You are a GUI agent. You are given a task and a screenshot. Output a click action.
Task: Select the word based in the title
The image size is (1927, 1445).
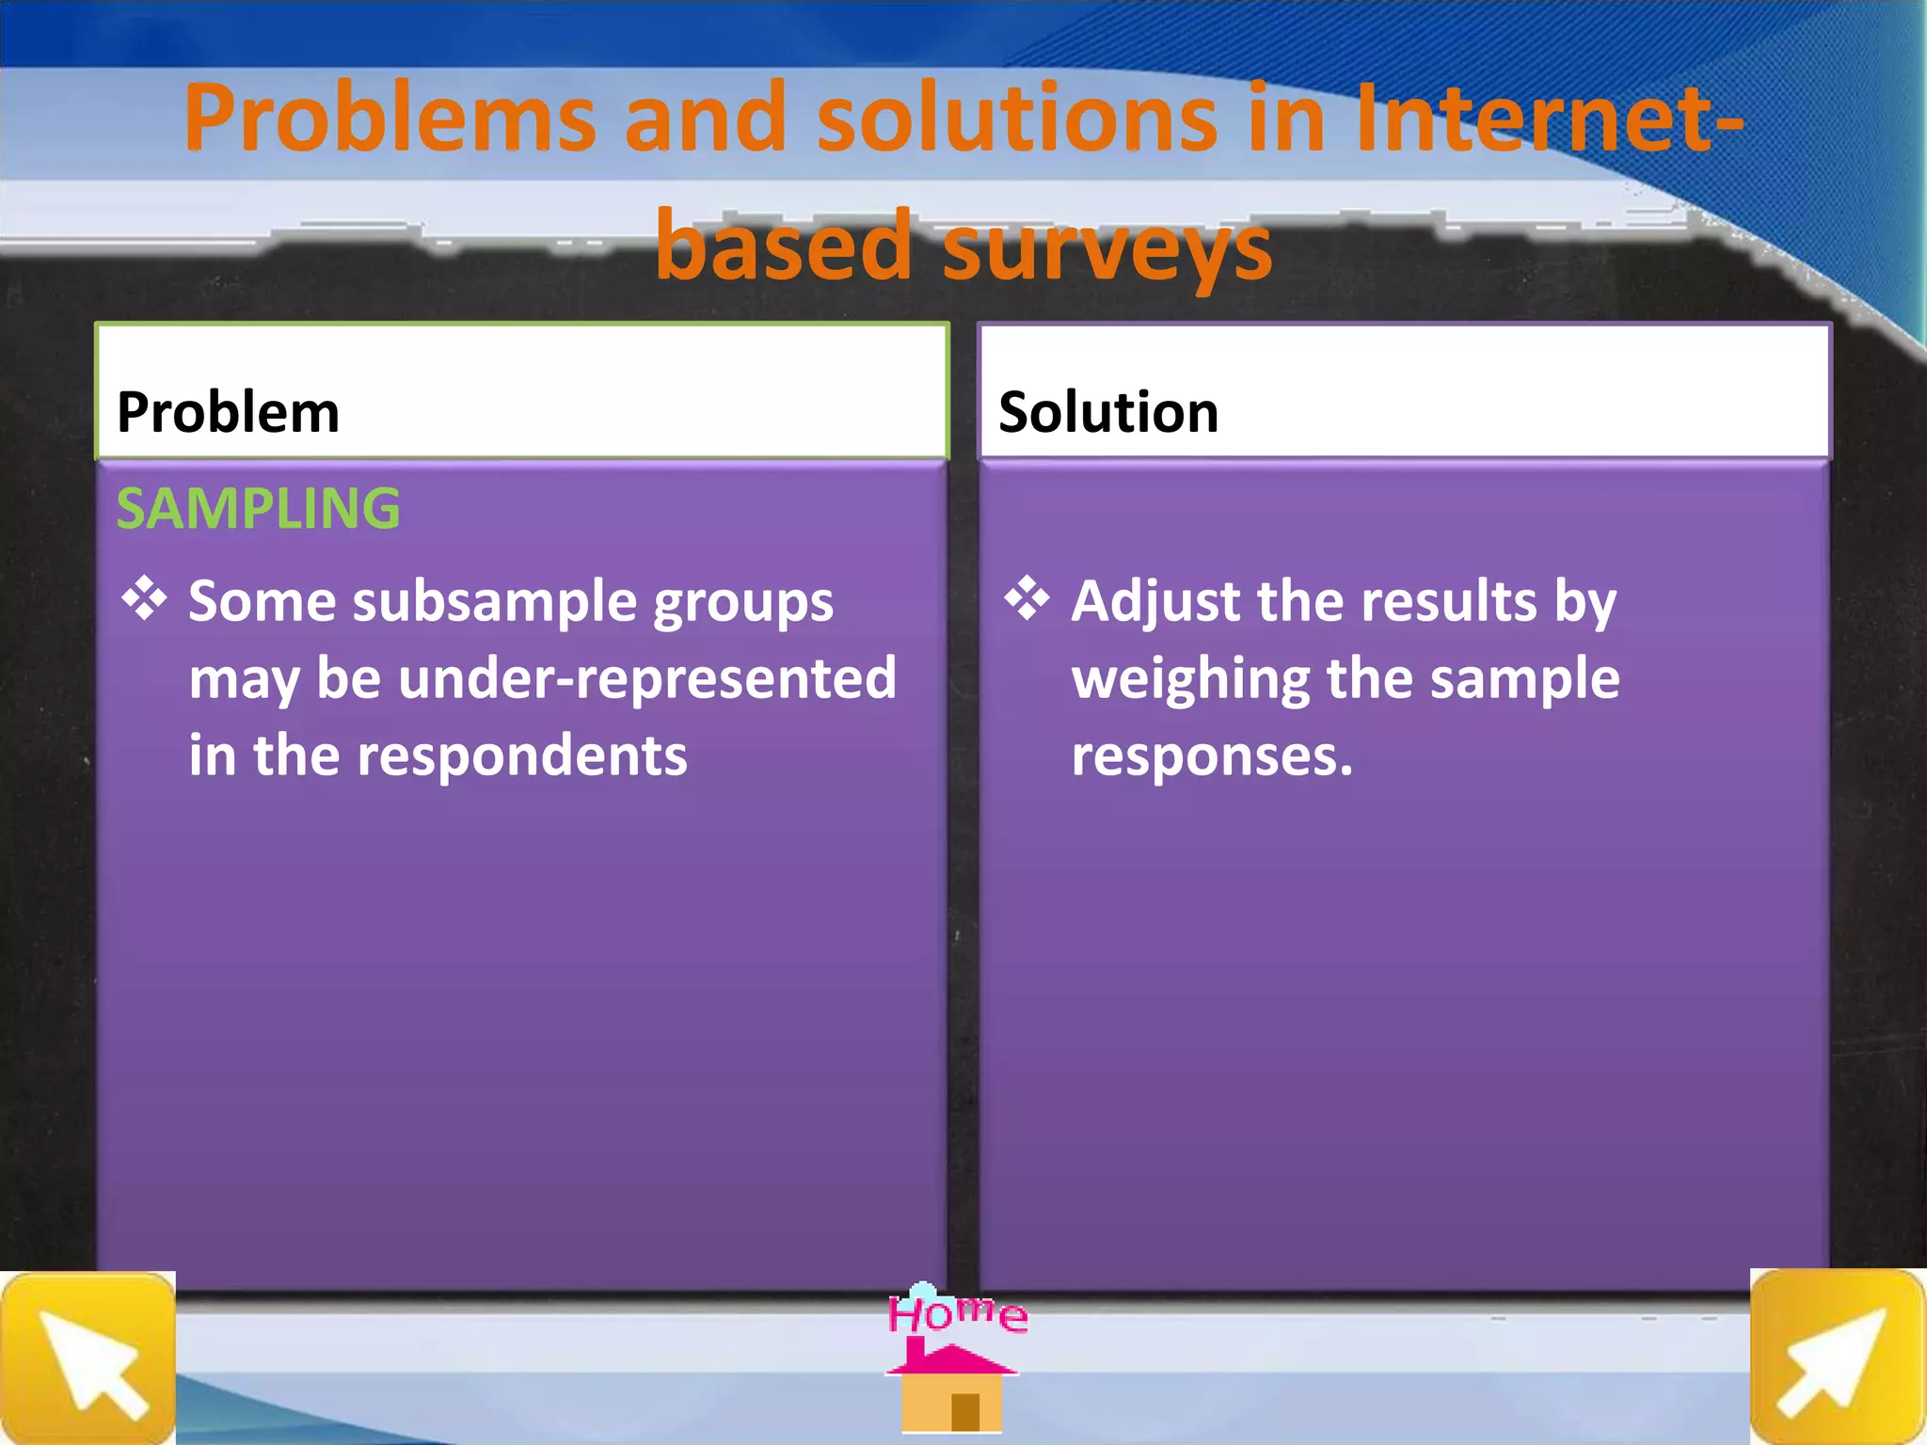pyautogui.click(x=783, y=246)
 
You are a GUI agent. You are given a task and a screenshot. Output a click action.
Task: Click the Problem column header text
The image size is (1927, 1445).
pyautogui.click(x=228, y=412)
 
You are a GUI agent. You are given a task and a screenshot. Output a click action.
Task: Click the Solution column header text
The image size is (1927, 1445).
pyautogui.click(x=1108, y=412)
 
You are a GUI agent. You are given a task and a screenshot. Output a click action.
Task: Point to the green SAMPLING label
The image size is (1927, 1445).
pyautogui.click(x=258, y=509)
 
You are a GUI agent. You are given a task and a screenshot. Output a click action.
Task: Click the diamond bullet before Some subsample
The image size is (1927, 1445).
pyautogui.click(x=144, y=598)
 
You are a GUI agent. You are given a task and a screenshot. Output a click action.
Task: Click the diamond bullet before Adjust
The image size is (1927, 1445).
pyautogui.click(x=1027, y=598)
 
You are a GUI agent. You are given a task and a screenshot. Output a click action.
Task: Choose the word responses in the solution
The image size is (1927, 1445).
pyautogui.click(x=1211, y=755)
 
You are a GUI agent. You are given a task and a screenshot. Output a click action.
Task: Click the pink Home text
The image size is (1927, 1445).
pyautogui.click(x=957, y=1313)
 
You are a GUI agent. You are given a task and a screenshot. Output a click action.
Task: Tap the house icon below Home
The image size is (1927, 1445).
pyautogui.click(x=951, y=1390)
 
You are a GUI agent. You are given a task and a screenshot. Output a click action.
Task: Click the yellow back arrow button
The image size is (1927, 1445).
pyautogui.click(x=88, y=1358)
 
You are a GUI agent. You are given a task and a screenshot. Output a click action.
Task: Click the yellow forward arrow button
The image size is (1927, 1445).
pyautogui.click(x=1836, y=1358)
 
